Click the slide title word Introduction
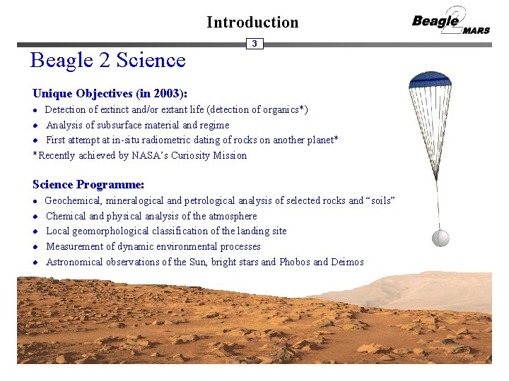(252, 22)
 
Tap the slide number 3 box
(255, 44)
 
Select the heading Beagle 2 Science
(107, 60)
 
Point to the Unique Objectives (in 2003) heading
(110, 93)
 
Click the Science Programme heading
(88, 184)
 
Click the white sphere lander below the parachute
(440, 238)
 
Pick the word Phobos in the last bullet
(295, 262)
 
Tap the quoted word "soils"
(380, 200)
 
